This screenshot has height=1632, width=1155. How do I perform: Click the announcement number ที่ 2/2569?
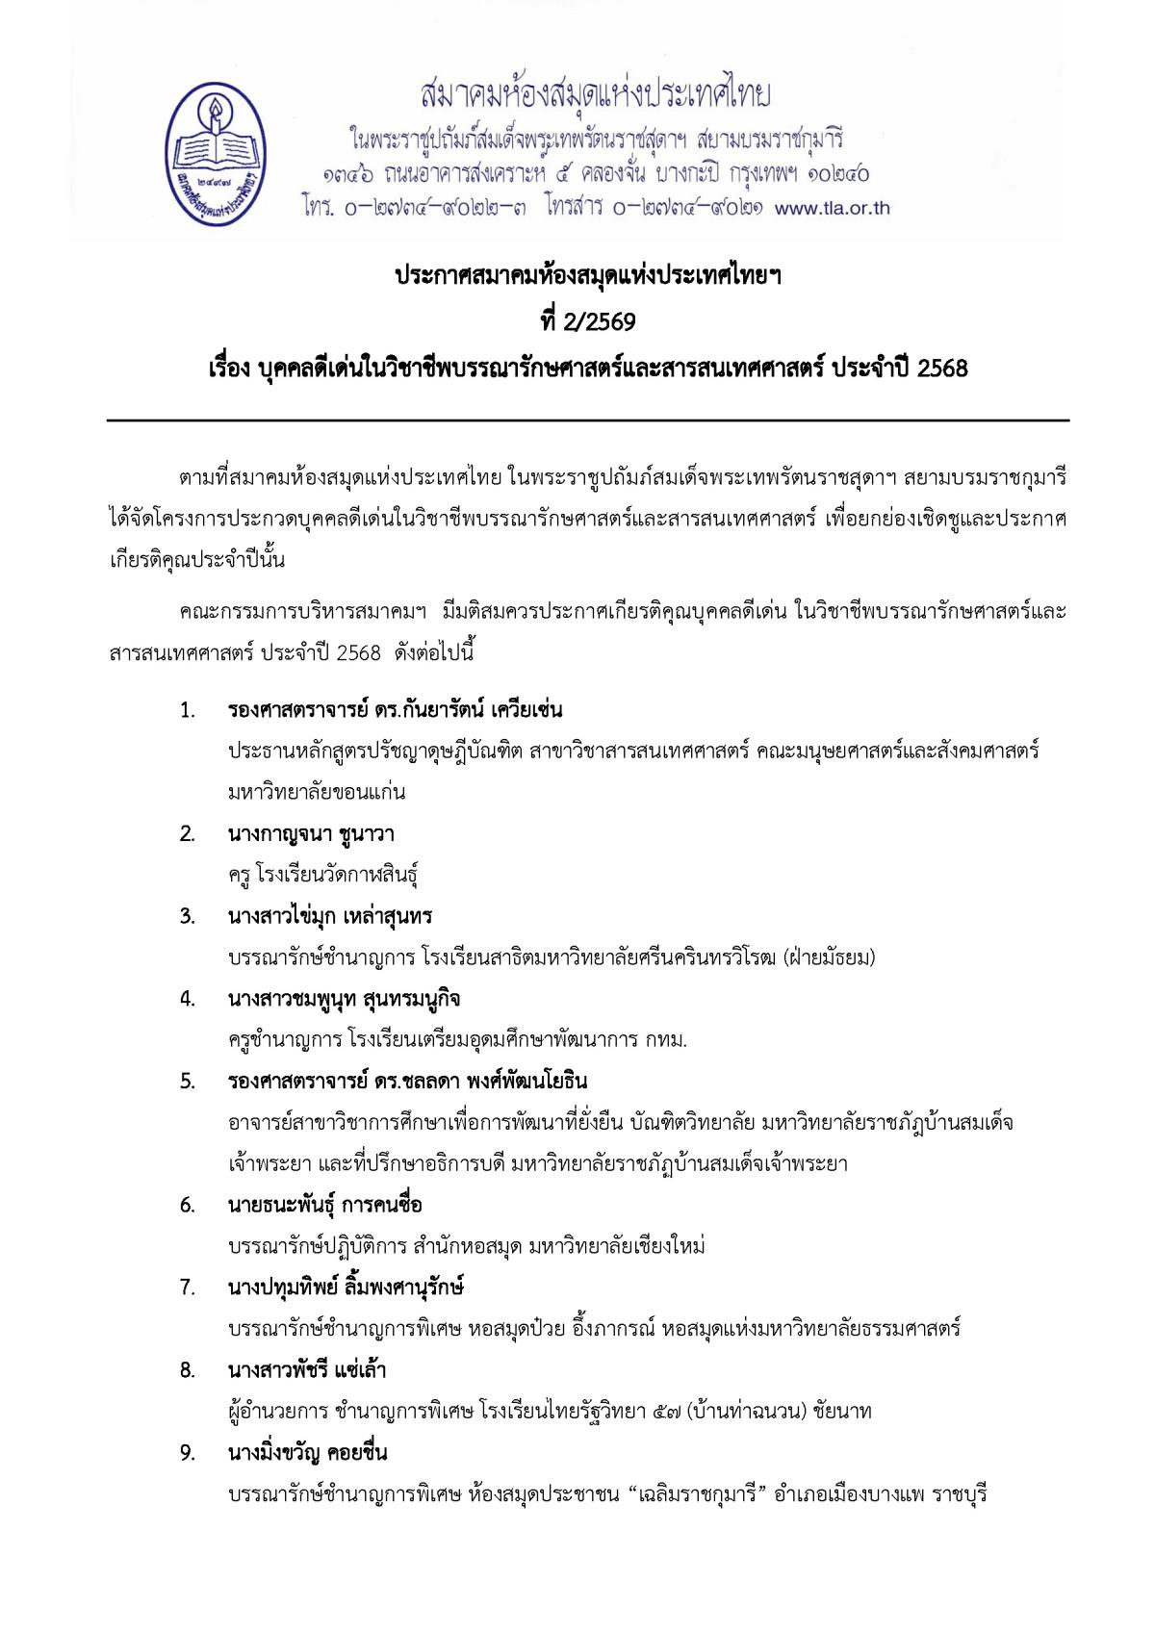[587, 321]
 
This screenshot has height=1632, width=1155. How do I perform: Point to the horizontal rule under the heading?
[587, 421]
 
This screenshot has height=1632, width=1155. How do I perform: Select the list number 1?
[188, 711]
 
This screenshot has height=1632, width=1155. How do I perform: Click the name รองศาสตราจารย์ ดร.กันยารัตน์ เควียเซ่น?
[395, 711]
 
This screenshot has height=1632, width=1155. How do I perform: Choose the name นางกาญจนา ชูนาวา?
[311, 834]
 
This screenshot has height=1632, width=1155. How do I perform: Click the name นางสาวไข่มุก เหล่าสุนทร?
[330, 916]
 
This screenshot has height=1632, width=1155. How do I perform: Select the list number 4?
[188, 999]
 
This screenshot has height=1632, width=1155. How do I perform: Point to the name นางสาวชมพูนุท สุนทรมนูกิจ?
[344, 999]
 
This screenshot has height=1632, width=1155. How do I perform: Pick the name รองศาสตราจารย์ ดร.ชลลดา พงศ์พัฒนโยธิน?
[407, 1082]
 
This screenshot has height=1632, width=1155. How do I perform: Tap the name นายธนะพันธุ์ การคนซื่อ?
[324, 1205]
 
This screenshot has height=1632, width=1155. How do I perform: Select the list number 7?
[188, 1288]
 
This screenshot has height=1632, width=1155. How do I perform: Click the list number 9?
[188, 1453]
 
